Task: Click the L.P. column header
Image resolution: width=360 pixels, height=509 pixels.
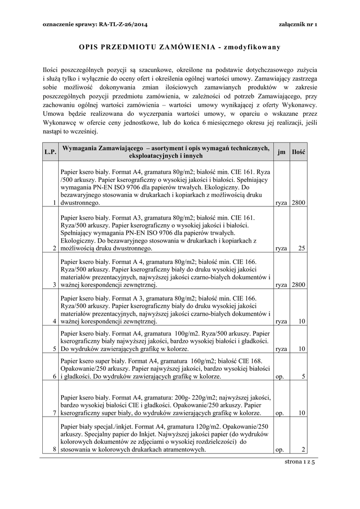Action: click(x=50, y=152)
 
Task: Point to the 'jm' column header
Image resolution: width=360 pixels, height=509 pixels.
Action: click(x=281, y=152)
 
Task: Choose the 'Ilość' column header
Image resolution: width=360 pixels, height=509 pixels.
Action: click(x=299, y=152)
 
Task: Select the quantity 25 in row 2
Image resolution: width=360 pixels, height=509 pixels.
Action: click(x=301, y=248)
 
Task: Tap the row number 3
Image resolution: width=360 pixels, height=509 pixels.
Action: click(x=54, y=285)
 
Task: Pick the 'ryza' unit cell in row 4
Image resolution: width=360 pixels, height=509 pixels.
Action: click(x=281, y=322)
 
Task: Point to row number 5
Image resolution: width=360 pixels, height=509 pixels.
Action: click(x=54, y=349)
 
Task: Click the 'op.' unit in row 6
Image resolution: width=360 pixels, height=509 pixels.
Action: click(x=279, y=377)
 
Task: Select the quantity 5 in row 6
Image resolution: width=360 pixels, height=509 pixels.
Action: click(x=303, y=377)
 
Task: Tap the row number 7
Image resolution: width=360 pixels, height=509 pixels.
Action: click(x=54, y=413)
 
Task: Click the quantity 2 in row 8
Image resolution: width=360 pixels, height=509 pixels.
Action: click(x=303, y=450)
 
